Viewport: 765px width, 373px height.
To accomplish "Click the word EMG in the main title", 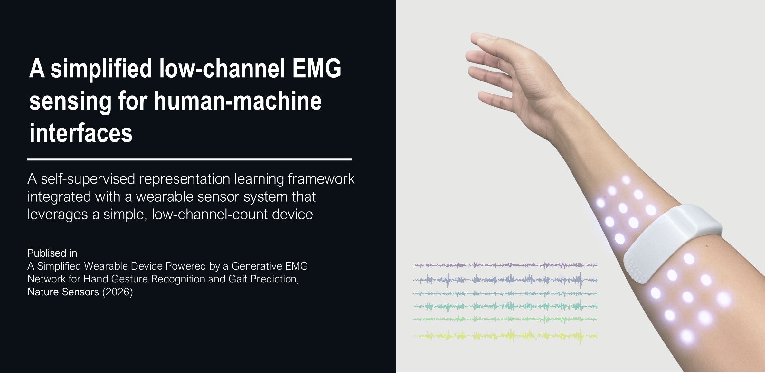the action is click(316, 68).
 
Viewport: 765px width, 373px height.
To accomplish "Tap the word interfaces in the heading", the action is click(81, 133).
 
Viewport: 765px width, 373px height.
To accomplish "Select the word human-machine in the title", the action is click(238, 100).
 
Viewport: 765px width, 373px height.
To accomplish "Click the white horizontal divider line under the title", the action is click(189, 159).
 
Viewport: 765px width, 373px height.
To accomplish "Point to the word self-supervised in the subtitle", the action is click(88, 179).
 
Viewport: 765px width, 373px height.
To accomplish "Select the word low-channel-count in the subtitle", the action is click(210, 214).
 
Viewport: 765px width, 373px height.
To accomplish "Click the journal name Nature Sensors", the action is click(63, 292).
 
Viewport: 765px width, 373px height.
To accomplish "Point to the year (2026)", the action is click(118, 292).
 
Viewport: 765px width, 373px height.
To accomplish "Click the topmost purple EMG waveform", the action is click(505, 265).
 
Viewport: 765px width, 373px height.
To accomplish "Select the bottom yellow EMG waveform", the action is click(505, 336).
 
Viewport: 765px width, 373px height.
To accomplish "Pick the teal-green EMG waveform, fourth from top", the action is click(505, 306).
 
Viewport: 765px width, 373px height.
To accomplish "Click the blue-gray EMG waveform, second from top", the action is click(505, 280).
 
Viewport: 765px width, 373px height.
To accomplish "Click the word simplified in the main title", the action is click(101, 68).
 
